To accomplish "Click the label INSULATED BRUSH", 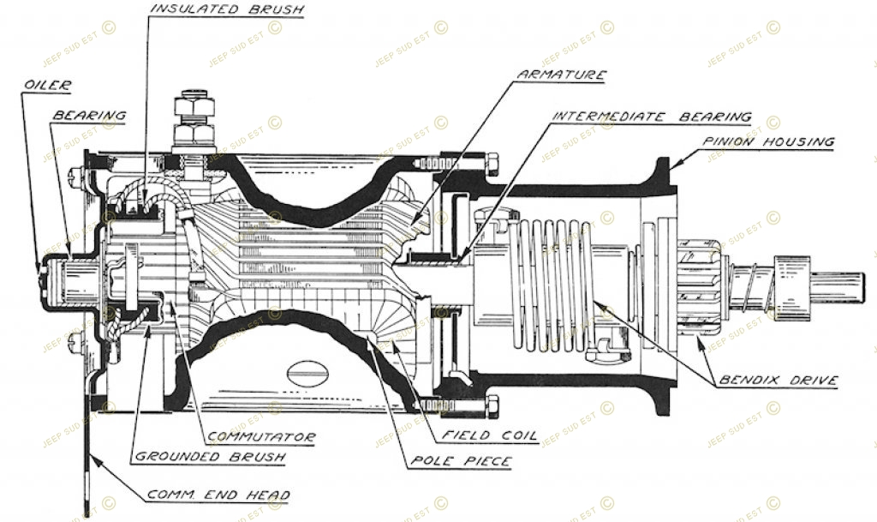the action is pos(228,9).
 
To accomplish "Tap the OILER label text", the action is pos(48,85).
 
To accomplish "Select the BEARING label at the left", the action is pos(89,115).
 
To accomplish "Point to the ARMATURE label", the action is pos(562,75).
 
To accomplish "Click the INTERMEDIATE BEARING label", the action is pos(652,117).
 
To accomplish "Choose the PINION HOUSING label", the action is pos(768,141).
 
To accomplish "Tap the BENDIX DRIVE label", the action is pos(779,381).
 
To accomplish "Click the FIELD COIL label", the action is pos(489,435).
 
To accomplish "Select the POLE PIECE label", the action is pos(461,461).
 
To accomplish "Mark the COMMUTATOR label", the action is pos(262,437).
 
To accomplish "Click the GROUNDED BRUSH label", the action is pos(211,456).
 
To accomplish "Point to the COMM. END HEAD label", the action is pos(218,495).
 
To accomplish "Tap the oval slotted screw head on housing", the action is pos(307,373).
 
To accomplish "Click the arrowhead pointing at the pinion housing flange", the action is pos(674,165).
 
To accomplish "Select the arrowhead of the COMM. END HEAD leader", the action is pos(96,461).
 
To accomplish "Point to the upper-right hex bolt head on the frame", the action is pos(492,164).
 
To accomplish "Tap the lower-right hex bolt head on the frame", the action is pos(492,407).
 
